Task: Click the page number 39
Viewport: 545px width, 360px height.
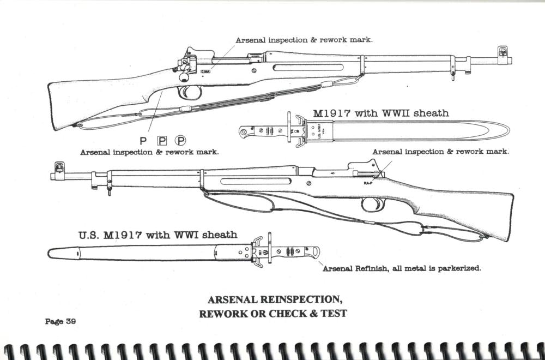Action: (70, 321)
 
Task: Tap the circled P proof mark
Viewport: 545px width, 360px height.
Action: (179, 140)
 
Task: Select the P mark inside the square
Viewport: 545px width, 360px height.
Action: (162, 140)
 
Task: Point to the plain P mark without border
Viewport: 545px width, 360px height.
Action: (143, 140)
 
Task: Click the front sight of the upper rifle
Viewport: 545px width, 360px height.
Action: (501, 52)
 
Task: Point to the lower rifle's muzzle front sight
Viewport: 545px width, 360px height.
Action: (58, 167)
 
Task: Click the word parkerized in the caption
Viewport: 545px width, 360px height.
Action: (456, 268)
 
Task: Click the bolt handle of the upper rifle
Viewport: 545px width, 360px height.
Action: (178, 69)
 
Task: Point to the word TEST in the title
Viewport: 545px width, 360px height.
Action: (334, 314)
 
